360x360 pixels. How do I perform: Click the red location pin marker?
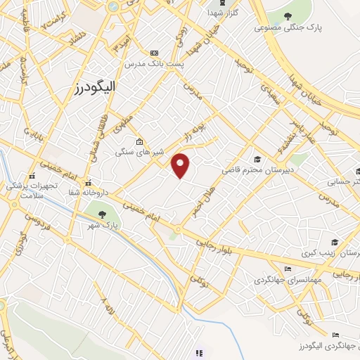pos(181,165)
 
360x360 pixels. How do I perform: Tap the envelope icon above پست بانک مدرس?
pos(155,53)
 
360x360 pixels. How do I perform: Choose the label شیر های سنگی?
pos(139,152)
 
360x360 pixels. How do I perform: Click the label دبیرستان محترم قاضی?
pos(256,170)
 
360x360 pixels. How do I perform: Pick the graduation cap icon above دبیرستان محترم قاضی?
pos(257,159)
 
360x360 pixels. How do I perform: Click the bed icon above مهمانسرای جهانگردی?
pos(287,268)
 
